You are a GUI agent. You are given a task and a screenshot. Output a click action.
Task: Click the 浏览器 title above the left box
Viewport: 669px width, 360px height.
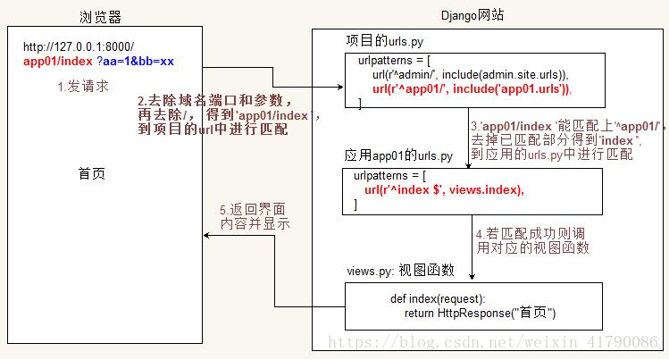[x=100, y=17]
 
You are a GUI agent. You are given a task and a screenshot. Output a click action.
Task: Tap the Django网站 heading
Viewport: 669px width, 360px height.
[x=472, y=15]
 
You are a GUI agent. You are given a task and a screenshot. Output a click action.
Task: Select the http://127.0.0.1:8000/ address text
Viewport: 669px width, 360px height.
[x=79, y=46]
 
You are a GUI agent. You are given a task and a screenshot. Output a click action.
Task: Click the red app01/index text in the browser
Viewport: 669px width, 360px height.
[x=57, y=62]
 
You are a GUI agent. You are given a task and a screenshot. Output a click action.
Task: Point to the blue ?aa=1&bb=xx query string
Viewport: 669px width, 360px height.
[x=135, y=62]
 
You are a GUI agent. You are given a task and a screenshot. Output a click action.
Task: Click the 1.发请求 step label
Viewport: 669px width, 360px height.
[x=83, y=87]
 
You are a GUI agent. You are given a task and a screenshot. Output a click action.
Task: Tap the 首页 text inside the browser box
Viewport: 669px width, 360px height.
[x=92, y=173]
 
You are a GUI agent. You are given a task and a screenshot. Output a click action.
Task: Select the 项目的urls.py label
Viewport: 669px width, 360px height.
[x=385, y=41]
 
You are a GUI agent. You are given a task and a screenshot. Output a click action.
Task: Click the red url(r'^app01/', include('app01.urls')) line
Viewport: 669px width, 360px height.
[x=472, y=88]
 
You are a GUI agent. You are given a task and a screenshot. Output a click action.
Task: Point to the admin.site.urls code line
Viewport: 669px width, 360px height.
[x=470, y=75]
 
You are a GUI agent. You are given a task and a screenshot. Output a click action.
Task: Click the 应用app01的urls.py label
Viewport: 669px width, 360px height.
[x=398, y=155]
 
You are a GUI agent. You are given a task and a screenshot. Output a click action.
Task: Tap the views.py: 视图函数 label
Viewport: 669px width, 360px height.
[x=401, y=271]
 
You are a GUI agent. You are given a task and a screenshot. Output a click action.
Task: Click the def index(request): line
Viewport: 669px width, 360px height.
[x=438, y=298]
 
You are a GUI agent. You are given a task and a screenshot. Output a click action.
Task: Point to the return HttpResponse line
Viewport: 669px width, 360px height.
[x=480, y=313]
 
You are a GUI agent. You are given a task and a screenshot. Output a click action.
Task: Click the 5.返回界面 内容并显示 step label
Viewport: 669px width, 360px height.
[x=255, y=216]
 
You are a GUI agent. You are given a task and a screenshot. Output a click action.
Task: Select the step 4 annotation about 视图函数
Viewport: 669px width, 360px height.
[x=532, y=240]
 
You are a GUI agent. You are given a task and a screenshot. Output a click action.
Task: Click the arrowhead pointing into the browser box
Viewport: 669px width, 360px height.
[x=206, y=235]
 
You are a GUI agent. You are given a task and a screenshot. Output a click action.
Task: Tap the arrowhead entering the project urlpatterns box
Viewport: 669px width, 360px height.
[x=340, y=87]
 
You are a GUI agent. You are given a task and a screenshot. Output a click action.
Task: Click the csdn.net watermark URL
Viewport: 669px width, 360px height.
[x=493, y=341]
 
